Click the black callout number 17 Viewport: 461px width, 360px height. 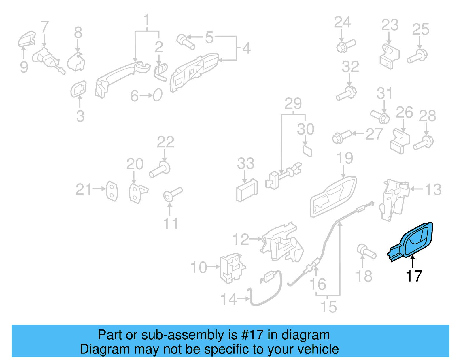click(414, 276)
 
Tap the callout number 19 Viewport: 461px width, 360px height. click(345, 158)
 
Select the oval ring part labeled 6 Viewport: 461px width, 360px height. click(158, 95)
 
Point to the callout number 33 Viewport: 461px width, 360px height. click(245, 164)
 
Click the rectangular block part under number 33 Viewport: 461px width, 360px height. click(247, 191)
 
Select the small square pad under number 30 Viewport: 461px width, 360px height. click(307, 151)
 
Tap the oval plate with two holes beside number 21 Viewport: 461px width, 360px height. click(112, 191)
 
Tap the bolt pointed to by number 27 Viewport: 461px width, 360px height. click(341, 137)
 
